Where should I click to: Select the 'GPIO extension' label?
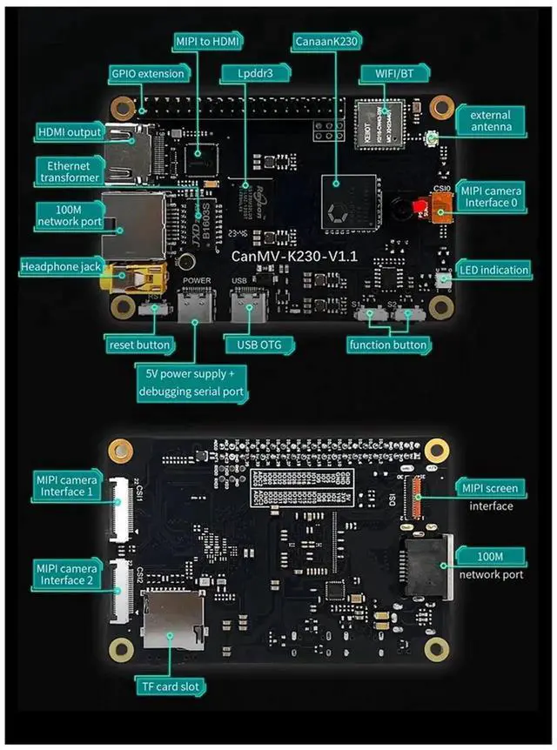pyautogui.click(x=148, y=74)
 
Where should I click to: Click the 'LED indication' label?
pyautogui.click(x=494, y=270)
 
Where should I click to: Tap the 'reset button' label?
pyautogui.click(x=139, y=345)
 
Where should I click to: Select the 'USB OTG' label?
pyautogui.click(x=253, y=345)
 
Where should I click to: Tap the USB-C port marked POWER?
pyautogui.click(x=194, y=306)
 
